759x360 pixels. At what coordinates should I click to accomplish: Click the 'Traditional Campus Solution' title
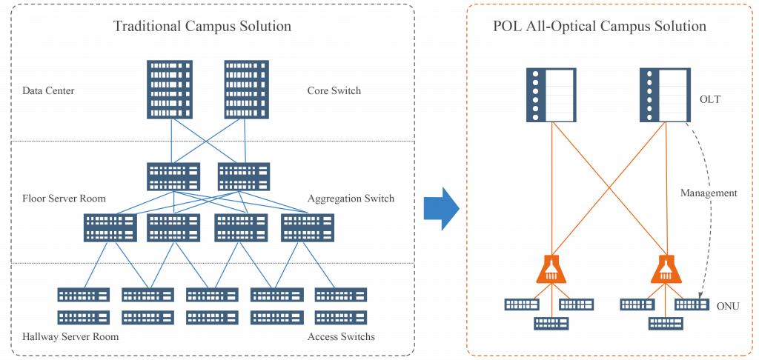[202, 27]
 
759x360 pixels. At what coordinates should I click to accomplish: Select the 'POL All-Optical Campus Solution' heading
[599, 27]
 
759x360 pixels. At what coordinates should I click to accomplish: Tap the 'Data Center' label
[48, 91]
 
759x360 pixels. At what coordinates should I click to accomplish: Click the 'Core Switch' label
[334, 91]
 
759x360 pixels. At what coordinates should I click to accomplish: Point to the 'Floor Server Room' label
[64, 199]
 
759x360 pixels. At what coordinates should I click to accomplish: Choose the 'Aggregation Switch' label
[351, 199]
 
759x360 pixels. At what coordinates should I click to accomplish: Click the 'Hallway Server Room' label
[70, 337]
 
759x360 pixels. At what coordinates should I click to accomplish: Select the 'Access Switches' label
[341, 337]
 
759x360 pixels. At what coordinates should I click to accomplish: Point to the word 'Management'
[708, 193]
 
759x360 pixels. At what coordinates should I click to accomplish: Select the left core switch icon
[170, 90]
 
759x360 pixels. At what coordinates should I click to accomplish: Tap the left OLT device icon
[550, 96]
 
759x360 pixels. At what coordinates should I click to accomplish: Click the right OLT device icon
[663, 96]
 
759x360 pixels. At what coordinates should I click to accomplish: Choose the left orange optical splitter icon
[551, 270]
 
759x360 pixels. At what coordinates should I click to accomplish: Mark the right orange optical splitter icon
[665, 270]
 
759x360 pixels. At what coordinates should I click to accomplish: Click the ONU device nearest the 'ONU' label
[691, 304]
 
